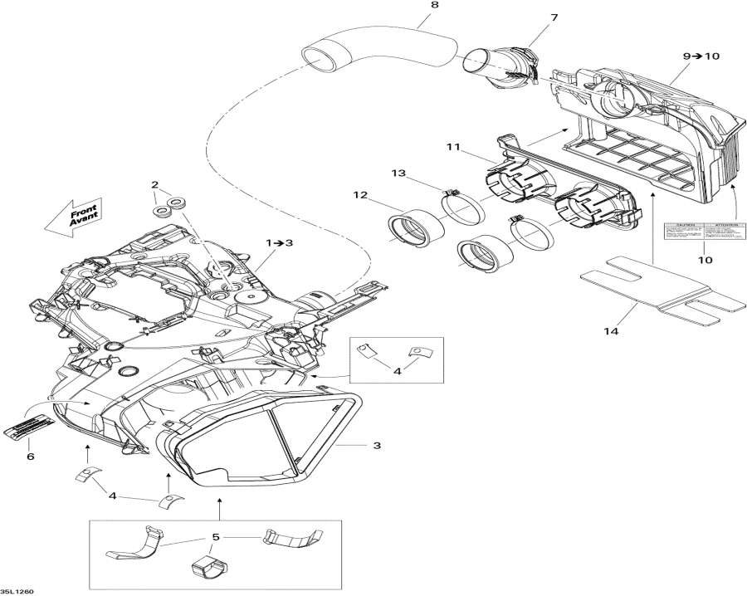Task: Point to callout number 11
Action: click(452, 147)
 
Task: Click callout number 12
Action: click(359, 195)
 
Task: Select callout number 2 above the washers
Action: click(154, 183)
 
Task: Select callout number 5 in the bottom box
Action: click(216, 538)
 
